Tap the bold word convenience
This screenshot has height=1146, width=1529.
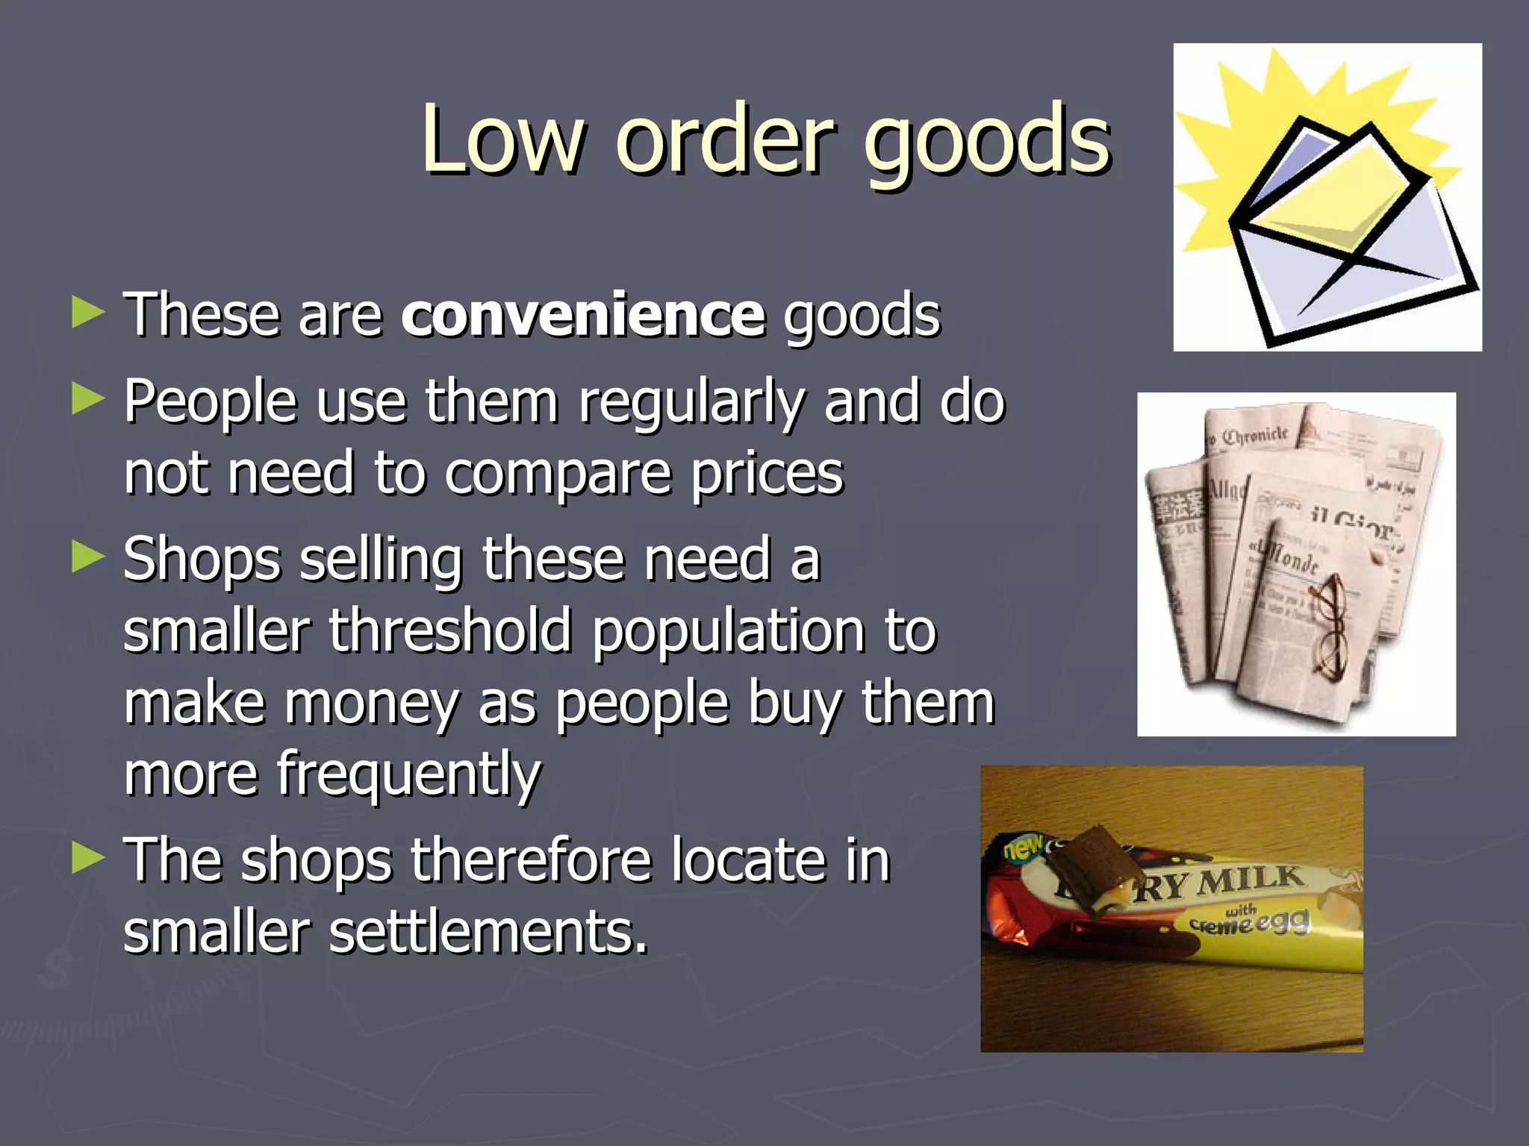pyautogui.click(x=583, y=315)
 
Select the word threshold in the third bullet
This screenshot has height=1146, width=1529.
pyautogui.click(x=450, y=631)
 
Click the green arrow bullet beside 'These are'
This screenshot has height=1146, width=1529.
pyautogui.click(x=88, y=313)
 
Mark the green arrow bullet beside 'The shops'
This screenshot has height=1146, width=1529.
pyautogui.click(x=88, y=859)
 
